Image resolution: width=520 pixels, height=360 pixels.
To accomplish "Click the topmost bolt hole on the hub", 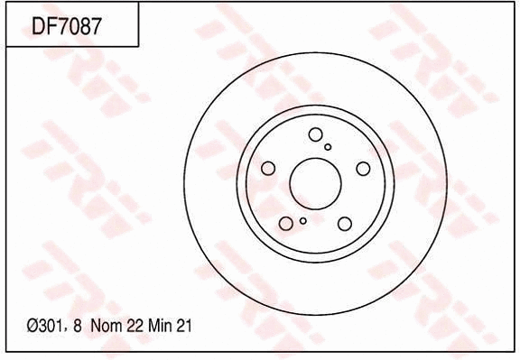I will tap(315, 135).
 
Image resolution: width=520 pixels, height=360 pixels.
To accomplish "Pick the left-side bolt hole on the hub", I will tap(267, 168).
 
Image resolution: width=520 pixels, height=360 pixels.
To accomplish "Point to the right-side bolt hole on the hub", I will tap(363, 168).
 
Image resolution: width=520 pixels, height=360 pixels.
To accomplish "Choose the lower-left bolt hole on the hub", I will tap(285, 223).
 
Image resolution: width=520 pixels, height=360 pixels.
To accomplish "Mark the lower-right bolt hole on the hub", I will tap(345, 223).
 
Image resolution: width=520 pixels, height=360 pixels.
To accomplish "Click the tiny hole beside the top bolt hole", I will tap(329, 146).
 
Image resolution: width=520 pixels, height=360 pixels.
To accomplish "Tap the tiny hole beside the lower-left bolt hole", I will tap(302, 220).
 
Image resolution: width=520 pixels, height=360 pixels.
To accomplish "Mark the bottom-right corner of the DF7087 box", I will tap(138, 46).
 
